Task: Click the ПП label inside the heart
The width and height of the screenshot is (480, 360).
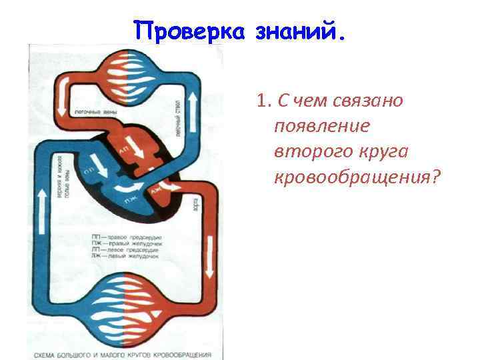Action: click(x=87, y=171)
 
